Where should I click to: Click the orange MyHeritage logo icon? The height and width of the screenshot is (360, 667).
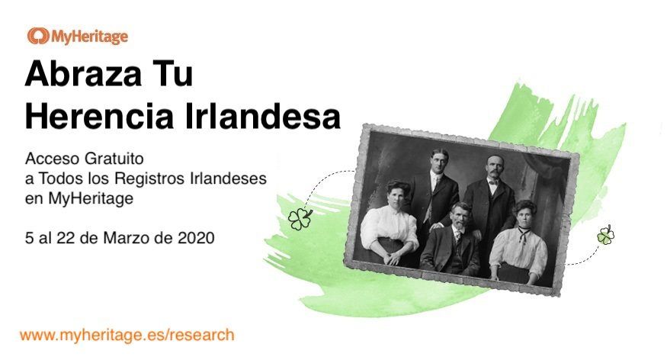[x=38, y=36]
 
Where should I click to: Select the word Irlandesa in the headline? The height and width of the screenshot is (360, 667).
[x=262, y=116]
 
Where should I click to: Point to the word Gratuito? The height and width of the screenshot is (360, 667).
[x=114, y=159]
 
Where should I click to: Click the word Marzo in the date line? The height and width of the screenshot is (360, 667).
[x=127, y=238]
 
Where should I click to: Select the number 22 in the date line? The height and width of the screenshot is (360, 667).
[x=66, y=238]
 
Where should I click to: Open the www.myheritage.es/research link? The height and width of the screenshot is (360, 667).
[x=127, y=335]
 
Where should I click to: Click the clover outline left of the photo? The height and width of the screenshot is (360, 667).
[x=300, y=219]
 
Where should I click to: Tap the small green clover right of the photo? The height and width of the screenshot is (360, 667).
[x=606, y=235]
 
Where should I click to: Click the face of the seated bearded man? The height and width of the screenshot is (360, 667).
[x=460, y=215]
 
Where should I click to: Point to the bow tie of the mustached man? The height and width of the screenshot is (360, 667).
[x=493, y=182]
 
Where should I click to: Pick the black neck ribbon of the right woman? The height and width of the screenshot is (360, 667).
[x=523, y=234]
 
